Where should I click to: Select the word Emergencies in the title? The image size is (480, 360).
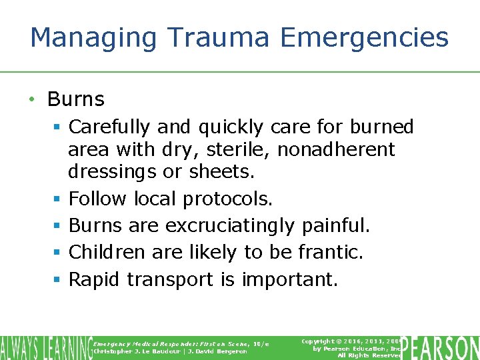pos(365,39)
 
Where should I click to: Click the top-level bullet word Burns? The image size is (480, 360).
pos(76,99)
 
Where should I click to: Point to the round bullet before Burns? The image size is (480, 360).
pos(31,100)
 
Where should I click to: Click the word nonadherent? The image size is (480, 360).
pos(336,149)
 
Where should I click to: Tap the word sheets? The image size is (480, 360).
pos(222,172)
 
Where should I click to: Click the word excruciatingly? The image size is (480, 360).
pos(229,226)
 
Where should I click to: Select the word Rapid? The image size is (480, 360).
pos(95,279)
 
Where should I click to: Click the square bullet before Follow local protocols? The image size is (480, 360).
pos(58,199)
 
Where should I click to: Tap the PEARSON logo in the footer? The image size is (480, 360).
pos(443,347)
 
